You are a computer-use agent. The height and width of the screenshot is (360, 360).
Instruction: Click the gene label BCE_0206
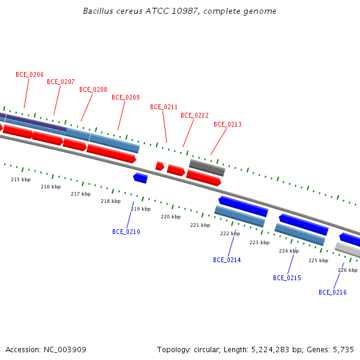[x=29, y=74]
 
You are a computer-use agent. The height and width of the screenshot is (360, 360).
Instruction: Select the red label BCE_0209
[x=125, y=97]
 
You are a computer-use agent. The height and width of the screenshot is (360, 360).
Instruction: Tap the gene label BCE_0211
[x=164, y=107]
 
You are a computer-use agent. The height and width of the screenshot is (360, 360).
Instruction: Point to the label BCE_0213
[x=227, y=124]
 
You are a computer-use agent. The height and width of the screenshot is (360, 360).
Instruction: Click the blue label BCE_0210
[x=126, y=232]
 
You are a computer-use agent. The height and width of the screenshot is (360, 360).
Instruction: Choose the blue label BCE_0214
[x=227, y=260]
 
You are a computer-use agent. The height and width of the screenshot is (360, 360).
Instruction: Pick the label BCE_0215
[x=287, y=278]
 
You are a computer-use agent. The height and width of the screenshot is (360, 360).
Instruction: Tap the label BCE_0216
[x=332, y=292]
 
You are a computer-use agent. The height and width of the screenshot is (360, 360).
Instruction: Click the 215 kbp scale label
[x=20, y=179]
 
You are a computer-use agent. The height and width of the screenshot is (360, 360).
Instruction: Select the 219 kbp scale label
[x=140, y=209]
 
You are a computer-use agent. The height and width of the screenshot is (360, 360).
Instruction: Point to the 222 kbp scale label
[x=230, y=233]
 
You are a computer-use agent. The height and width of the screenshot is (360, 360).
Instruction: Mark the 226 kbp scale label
[x=347, y=270]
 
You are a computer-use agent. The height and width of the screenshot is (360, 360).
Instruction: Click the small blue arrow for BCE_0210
[x=140, y=178]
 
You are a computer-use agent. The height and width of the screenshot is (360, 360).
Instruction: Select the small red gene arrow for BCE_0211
[x=160, y=166]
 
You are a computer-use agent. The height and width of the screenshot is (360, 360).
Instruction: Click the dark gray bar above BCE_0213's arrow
[x=207, y=167]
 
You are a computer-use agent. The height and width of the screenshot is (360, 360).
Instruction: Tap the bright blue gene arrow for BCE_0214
[x=243, y=206]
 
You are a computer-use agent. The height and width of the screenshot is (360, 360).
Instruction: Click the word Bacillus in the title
[x=97, y=11]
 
